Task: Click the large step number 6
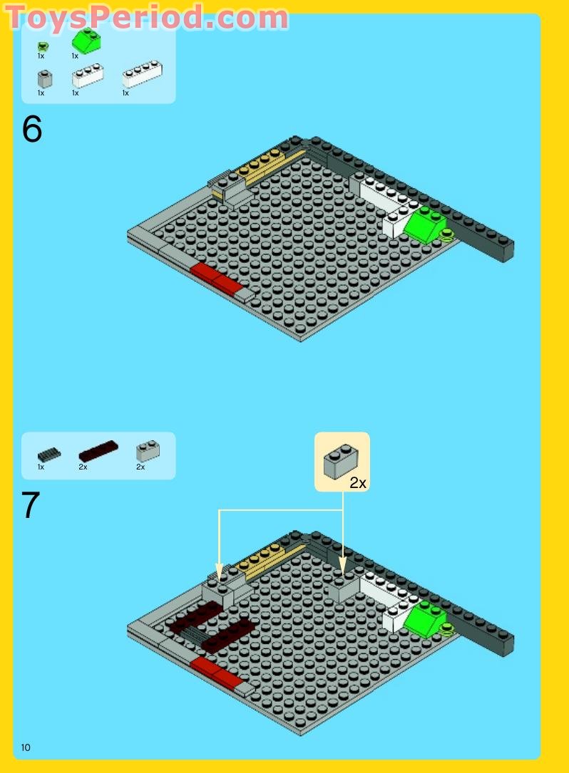click(32, 130)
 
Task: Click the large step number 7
click(31, 505)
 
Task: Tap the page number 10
click(26, 747)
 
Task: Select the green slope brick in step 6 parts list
click(86, 42)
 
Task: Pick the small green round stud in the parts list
click(43, 47)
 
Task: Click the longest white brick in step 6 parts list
click(142, 74)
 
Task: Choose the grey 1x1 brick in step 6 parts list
click(44, 78)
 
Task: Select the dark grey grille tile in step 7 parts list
click(49, 454)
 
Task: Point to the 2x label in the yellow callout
click(357, 483)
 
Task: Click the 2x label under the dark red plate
click(83, 467)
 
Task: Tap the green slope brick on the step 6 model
click(426, 225)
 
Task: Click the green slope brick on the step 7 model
click(424, 618)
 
